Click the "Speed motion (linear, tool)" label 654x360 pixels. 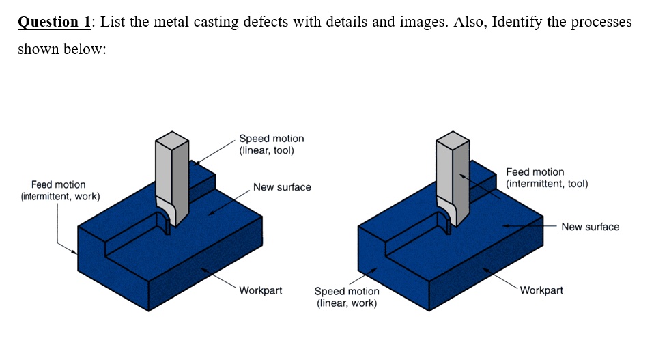tap(271, 144)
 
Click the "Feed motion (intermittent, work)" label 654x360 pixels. tap(59, 191)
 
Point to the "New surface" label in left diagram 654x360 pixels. tap(282, 187)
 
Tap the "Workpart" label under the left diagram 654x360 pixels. tap(260, 290)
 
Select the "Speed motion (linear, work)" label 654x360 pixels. tap(346, 296)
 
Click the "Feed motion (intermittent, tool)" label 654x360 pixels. tap(546, 178)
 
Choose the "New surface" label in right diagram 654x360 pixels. tap(590, 227)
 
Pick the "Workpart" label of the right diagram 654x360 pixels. tap(541, 290)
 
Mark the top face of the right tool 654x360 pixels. tap(453, 137)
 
